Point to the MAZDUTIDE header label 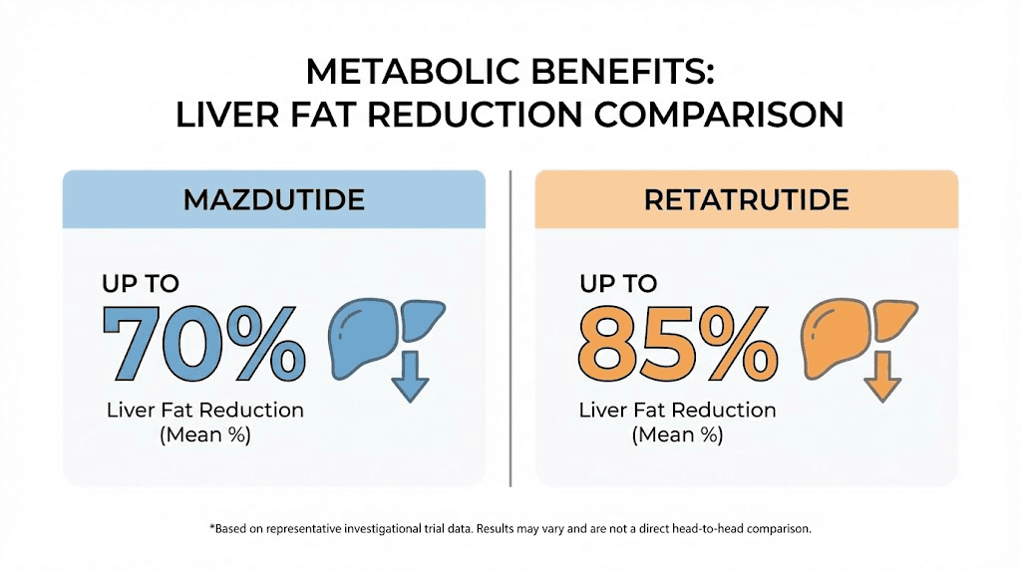pyautogui.click(x=273, y=199)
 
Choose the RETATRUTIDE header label pyautogui.click(x=746, y=199)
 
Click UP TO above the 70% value pyautogui.click(x=140, y=283)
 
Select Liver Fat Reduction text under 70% pyautogui.click(x=205, y=411)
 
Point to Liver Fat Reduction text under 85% pyautogui.click(x=678, y=411)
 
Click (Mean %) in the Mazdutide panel pyautogui.click(x=205, y=435)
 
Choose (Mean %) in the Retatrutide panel pyautogui.click(x=678, y=435)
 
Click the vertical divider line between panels pyautogui.click(x=510, y=329)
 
